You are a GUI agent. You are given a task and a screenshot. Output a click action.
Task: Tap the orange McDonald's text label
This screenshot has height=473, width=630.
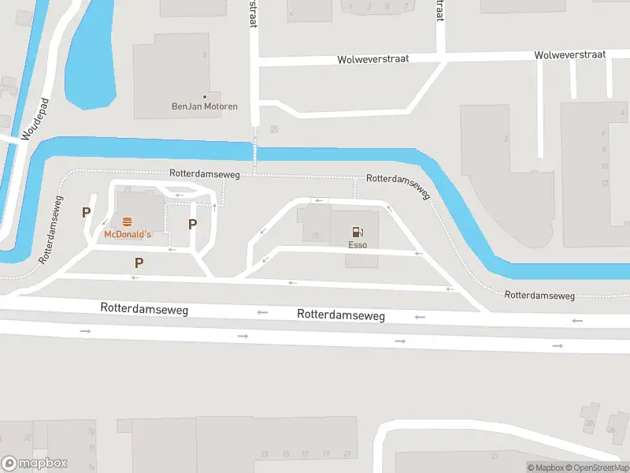[127, 235]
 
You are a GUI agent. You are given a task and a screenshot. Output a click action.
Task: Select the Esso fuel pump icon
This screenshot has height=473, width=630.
[358, 232]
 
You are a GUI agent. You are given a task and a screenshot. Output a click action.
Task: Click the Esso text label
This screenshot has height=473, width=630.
[358, 244]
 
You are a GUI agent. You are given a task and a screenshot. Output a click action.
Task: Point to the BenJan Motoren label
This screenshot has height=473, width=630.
[205, 106]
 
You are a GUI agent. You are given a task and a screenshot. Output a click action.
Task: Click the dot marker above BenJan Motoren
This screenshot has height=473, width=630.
[206, 96]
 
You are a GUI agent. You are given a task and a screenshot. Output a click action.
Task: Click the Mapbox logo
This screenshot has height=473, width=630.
[35, 463]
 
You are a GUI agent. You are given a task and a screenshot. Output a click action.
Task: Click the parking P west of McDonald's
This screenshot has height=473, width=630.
[86, 212]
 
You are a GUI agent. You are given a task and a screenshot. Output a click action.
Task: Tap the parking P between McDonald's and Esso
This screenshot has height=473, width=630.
[192, 225]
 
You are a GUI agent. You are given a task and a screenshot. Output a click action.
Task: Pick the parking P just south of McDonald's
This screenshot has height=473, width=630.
[139, 263]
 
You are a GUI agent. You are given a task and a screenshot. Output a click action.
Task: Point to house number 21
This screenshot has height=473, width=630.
[346, 453]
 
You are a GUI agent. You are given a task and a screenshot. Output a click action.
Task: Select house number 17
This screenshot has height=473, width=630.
[306, 453]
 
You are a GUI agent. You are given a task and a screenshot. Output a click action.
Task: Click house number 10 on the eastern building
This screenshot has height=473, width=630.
[604, 166]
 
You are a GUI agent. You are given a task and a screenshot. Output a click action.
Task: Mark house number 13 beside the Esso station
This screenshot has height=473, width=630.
[315, 236]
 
